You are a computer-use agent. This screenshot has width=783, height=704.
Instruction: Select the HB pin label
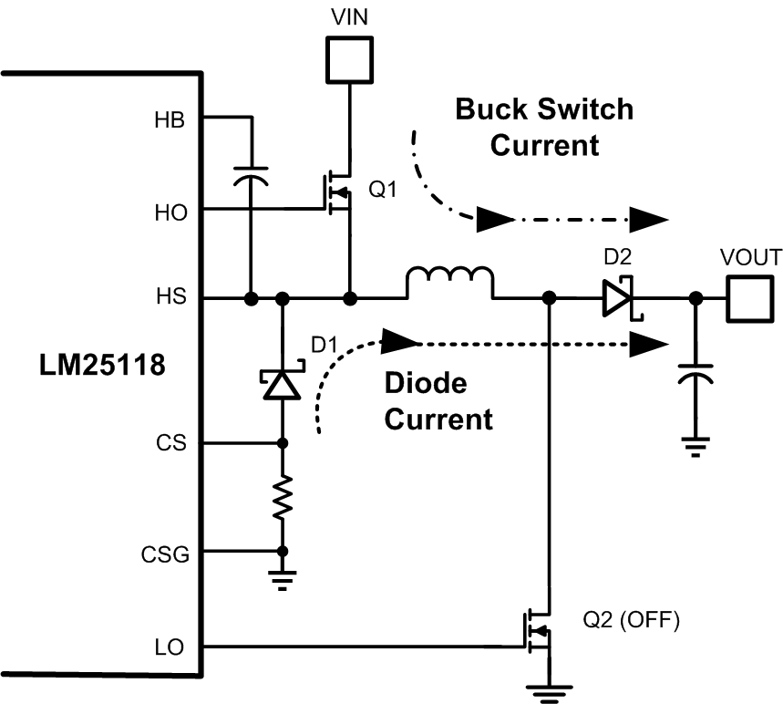[x=171, y=118]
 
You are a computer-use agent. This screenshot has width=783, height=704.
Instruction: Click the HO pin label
[x=171, y=211]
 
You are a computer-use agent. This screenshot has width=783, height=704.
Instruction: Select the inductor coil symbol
[x=449, y=284]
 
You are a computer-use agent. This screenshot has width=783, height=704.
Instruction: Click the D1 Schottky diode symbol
[x=282, y=385]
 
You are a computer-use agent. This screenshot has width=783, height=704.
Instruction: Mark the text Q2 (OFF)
[x=631, y=622]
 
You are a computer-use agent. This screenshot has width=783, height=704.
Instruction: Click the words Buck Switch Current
[x=544, y=127]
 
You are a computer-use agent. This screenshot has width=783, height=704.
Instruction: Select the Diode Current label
[x=438, y=401]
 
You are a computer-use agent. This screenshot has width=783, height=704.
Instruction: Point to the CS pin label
[x=174, y=444]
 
